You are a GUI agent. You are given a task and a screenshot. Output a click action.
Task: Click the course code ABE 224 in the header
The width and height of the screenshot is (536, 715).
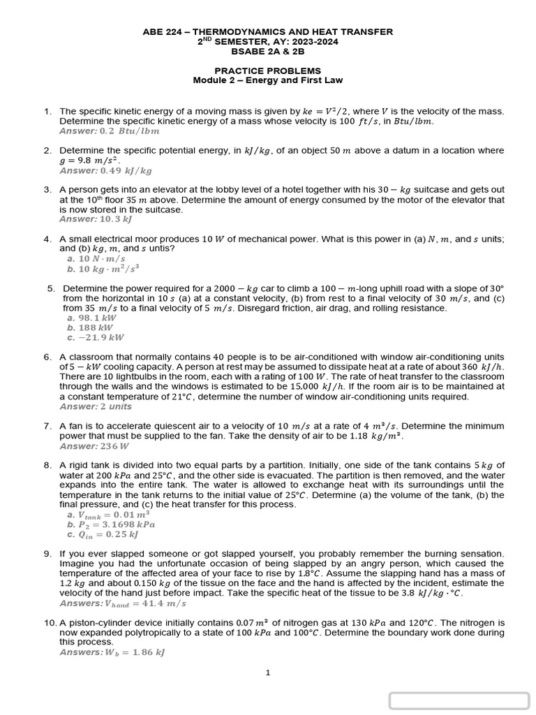coord(163,31)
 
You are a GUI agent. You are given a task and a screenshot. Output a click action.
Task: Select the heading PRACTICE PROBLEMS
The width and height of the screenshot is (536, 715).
coord(267,71)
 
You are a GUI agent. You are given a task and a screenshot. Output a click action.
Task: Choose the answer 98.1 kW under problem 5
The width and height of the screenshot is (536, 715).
coord(101,318)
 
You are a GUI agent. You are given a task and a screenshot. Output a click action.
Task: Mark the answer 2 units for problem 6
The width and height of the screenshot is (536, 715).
coord(115,406)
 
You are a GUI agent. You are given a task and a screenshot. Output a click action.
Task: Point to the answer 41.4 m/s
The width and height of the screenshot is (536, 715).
coord(165,603)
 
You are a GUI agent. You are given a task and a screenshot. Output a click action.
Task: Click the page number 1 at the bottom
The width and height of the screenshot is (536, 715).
coord(268,673)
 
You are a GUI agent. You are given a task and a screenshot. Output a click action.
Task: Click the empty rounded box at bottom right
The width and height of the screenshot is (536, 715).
coord(459,700)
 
